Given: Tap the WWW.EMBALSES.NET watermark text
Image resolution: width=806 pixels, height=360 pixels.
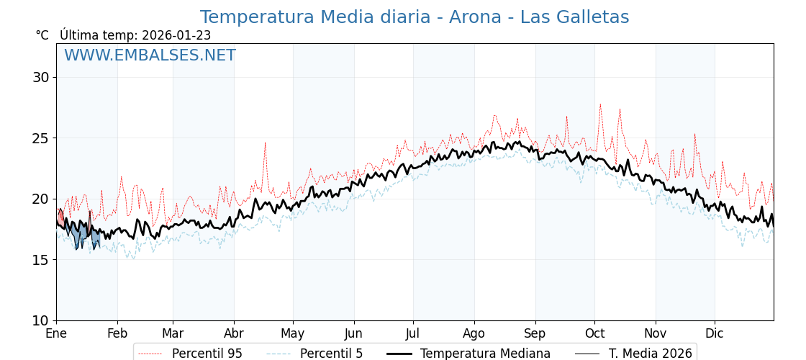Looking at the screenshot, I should coord(150,55).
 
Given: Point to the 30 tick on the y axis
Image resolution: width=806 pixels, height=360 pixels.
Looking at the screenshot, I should coord(41,77).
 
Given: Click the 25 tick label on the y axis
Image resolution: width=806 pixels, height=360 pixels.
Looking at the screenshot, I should coord(41,138).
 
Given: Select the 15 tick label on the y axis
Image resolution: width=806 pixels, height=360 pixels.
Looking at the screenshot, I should coord(41,260).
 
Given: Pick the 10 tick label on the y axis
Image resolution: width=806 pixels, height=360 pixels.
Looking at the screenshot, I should coord(41,320).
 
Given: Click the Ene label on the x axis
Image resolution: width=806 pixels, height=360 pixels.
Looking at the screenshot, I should coord(56,334).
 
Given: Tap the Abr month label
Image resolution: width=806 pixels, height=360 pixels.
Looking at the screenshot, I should coord(234,334).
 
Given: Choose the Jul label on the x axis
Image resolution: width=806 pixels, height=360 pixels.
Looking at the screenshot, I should coord(413,334).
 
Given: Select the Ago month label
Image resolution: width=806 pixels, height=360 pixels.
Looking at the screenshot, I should coord(474,334).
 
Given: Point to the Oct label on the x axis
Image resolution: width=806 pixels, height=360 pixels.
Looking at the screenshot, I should coord(594,334).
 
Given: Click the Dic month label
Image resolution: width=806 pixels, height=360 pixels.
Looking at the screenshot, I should coord(715,334).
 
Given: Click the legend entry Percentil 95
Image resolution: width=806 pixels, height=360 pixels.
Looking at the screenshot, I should coord(207,354).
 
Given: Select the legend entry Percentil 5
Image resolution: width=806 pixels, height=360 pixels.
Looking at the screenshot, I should coord(331,354).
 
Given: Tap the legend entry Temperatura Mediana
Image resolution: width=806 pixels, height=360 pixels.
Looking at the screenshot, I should coord(485,354).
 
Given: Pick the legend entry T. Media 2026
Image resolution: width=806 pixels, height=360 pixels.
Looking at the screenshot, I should coord(650,354).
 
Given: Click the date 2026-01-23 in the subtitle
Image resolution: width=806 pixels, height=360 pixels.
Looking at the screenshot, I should coord(176,35).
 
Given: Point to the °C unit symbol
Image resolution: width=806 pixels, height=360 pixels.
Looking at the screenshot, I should coord(42,35).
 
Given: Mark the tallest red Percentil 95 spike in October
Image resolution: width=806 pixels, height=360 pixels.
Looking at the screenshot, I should coord(600,104).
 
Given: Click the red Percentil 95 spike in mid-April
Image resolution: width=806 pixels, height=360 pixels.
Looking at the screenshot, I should coord(265,143).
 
